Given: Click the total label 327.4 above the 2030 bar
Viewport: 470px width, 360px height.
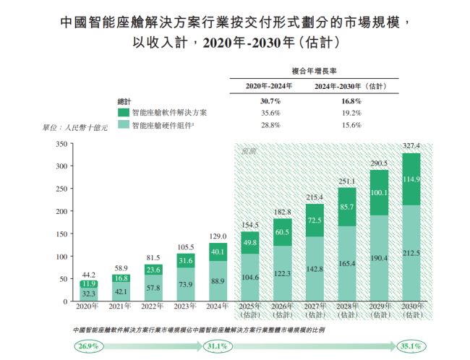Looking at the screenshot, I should point(411,145).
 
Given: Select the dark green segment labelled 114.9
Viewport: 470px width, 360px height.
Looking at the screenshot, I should point(411,179).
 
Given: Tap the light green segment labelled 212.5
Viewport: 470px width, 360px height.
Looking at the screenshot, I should point(411,253).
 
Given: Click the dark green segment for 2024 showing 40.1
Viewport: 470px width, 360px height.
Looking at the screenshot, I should point(218,251).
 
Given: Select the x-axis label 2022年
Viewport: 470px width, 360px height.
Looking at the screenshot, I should point(153,307).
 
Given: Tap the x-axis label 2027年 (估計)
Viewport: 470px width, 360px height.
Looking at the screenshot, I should point(315,311).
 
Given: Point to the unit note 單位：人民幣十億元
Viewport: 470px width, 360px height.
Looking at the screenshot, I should point(75,129).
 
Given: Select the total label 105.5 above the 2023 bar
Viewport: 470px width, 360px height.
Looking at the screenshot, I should point(185,247).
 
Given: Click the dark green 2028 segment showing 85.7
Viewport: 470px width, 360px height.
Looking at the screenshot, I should point(346,207).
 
